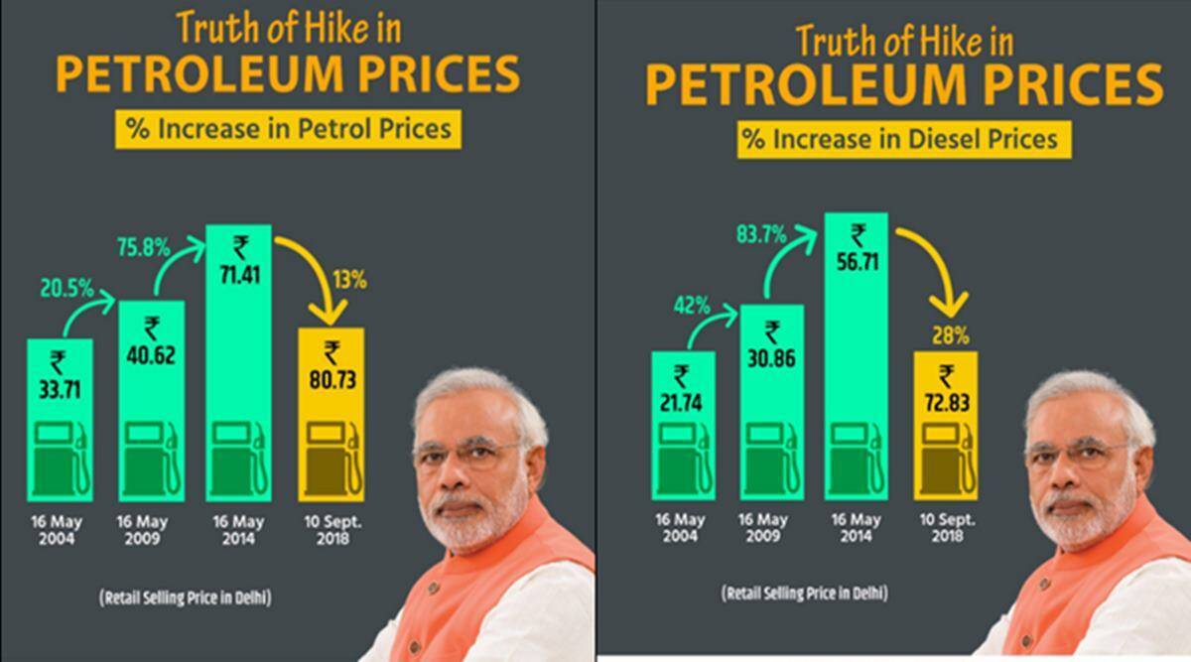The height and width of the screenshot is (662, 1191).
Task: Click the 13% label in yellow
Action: (351, 281)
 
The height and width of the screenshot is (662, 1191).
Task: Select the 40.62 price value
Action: (152, 353)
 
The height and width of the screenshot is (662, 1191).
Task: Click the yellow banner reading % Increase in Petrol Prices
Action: (287, 129)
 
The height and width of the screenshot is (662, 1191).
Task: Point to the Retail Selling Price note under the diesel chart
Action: (804, 594)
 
